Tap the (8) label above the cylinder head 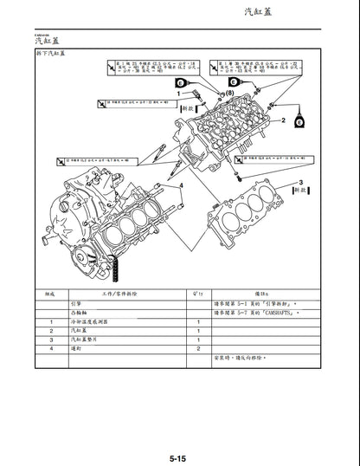coord(229,91)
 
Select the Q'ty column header coord(197,294)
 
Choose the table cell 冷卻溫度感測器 coord(97,321)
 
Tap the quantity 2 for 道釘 coord(198,348)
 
